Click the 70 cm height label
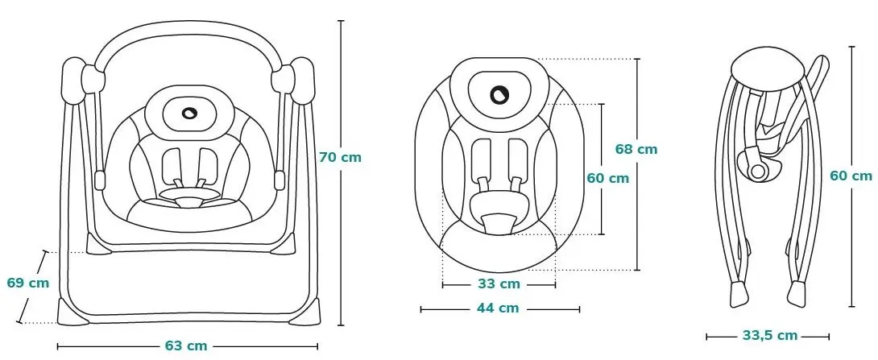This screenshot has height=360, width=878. (x=341, y=158)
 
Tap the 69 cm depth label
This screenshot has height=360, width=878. (x=28, y=283)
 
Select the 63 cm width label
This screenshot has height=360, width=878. (x=186, y=346)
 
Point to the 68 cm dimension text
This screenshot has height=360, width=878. (x=636, y=149)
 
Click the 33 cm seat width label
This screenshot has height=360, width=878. (x=499, y=284)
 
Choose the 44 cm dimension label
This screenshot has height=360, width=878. (x=499, y=308)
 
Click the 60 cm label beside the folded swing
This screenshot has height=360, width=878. (x=851, y=176)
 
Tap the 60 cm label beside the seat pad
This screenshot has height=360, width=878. (x=608, y=178)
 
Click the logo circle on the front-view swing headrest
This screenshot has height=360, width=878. (x=189, y=113)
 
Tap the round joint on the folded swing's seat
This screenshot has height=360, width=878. (x=759, y=172)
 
